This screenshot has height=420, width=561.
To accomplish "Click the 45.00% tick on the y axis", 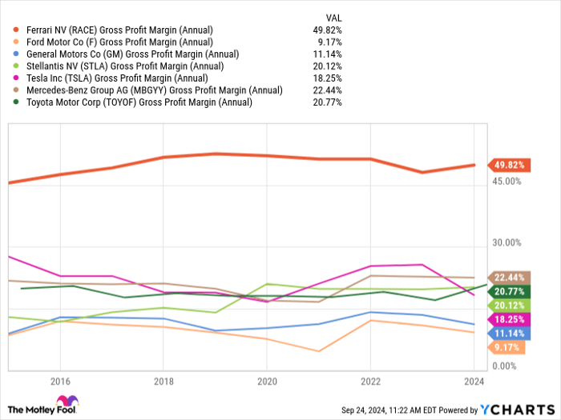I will [506, 182].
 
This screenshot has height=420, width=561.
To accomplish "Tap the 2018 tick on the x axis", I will [163, 382].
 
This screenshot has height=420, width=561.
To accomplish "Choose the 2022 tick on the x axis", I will [370, 382].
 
